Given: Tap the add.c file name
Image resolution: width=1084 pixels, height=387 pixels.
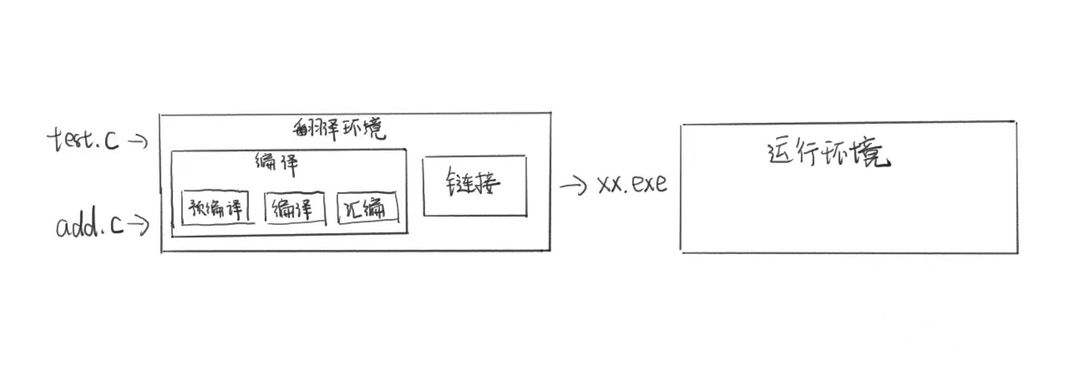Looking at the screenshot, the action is [x=90, y=226].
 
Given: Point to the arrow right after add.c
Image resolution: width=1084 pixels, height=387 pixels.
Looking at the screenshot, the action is [x=139, y=224].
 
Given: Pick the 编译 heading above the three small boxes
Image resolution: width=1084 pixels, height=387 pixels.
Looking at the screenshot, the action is [x=276, y=164].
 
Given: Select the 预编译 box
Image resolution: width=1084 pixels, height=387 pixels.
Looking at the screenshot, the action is [x=217, y=208].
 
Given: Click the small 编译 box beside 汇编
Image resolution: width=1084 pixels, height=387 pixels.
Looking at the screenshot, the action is [x=295, y=208].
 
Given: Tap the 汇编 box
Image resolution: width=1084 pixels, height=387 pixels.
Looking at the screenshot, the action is [x=367, y=208].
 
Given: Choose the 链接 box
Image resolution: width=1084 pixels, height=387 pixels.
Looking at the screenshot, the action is [x=474, y=185].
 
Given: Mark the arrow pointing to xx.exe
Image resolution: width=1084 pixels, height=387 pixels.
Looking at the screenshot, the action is [x=573, y=186].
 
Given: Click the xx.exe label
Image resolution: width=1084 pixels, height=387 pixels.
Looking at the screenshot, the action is [x=632, y=185].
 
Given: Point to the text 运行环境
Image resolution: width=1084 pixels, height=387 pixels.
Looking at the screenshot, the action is [x=828, y=155].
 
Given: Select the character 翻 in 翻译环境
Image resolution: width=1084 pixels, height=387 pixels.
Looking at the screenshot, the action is [x=303, y=130].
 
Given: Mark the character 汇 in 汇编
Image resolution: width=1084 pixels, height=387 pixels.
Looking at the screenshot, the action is [x=353, y=209].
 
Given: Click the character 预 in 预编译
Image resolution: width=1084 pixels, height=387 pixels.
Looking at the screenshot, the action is [x=197, y=208].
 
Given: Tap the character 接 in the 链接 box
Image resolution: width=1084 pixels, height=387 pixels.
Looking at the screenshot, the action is [x=488, y=184].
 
